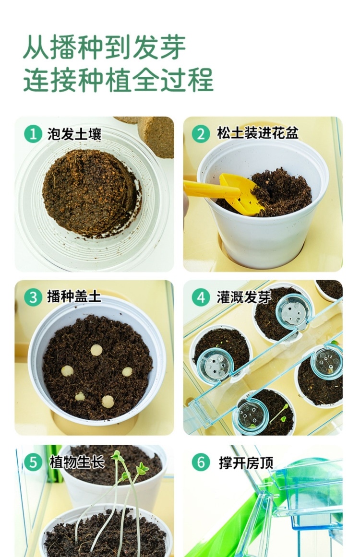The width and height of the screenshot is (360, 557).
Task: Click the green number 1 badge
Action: coord(33,134)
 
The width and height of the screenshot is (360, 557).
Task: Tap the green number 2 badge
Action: coord(201,134)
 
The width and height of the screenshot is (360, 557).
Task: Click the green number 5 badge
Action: coord(33,462)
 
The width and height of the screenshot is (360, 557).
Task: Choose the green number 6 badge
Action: coord(201,462)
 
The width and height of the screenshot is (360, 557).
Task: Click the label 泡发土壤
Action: coord(74,134)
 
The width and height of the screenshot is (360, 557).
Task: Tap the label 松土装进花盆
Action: coord(258,133)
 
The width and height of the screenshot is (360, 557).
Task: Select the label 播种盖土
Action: coord(74,296)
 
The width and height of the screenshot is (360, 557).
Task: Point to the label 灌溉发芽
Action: coord(244,297)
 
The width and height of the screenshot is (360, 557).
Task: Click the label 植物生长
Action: coord(77,462)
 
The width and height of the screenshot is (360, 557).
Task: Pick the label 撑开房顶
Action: coord(246,462)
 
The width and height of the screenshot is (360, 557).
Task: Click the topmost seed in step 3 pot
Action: coord(96,350)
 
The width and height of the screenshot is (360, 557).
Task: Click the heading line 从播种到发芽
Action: coord(105,47)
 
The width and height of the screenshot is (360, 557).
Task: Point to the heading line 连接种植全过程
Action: coord(119,80)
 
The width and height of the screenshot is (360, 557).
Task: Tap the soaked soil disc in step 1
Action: coord(91,192)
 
